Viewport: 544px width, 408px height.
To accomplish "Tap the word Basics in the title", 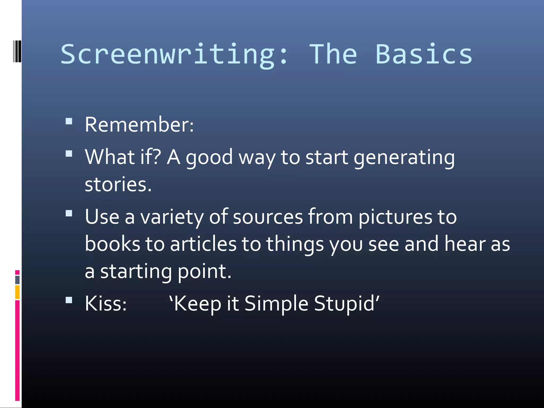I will (424, 54).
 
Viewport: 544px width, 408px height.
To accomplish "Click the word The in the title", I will (333, 54).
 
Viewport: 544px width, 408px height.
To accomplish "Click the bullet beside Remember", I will (69, 121).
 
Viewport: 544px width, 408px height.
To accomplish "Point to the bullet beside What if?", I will (69, 154).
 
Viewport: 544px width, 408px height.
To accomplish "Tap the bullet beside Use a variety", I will (69, 214).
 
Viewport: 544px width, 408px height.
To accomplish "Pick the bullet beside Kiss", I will (69, 300).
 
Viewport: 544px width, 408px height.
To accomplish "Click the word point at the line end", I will (204, 272).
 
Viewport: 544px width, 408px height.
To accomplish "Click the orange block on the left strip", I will (17, 292).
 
